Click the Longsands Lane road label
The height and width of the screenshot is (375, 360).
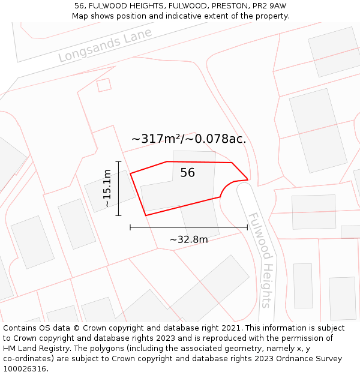point(105,45)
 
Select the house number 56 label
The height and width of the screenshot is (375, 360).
point(187,173)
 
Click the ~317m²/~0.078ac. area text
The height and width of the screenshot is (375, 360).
point(188,139)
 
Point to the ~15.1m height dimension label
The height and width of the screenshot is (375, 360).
point(107,188)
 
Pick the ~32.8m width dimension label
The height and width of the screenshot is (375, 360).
point(188,240)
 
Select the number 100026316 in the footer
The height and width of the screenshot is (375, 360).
point(25,369)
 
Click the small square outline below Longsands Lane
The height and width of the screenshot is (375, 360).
point(104,85)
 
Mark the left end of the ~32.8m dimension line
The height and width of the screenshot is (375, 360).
point(130,228)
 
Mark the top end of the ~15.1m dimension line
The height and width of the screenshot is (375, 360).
point(119,161)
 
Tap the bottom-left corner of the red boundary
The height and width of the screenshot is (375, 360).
point(145,215)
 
